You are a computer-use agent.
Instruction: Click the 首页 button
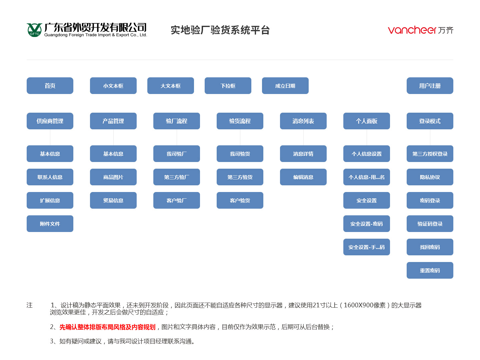coord(50,86)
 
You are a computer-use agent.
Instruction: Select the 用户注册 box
coord(430,86)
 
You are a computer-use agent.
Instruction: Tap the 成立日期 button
coord(285,86)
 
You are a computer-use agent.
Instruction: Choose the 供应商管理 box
coord(50,121)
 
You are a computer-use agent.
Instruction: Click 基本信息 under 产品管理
coord(113,154)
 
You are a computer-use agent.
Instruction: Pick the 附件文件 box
coord(50,224)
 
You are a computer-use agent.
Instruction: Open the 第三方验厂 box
coord(176,177)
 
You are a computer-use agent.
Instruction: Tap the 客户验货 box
coord(240,200)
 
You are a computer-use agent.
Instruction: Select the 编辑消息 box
coord(303,177)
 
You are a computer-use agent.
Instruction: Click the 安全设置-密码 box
coord(367,224)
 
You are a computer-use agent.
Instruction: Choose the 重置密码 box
coord(430,270)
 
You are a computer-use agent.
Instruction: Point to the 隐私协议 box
coord(430,177)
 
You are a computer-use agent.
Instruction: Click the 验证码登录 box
coord(430,224)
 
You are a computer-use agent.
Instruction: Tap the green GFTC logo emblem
coord(34,30)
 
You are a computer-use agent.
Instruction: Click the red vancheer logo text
coord(412,30)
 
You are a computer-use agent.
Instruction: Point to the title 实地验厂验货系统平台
coord(220,30)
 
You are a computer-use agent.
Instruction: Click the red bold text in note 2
coord(107,327)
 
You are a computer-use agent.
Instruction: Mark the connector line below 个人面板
coord(367,137)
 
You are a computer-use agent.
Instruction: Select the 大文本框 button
coord(171,86)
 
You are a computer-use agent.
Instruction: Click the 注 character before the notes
coord(30,305)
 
